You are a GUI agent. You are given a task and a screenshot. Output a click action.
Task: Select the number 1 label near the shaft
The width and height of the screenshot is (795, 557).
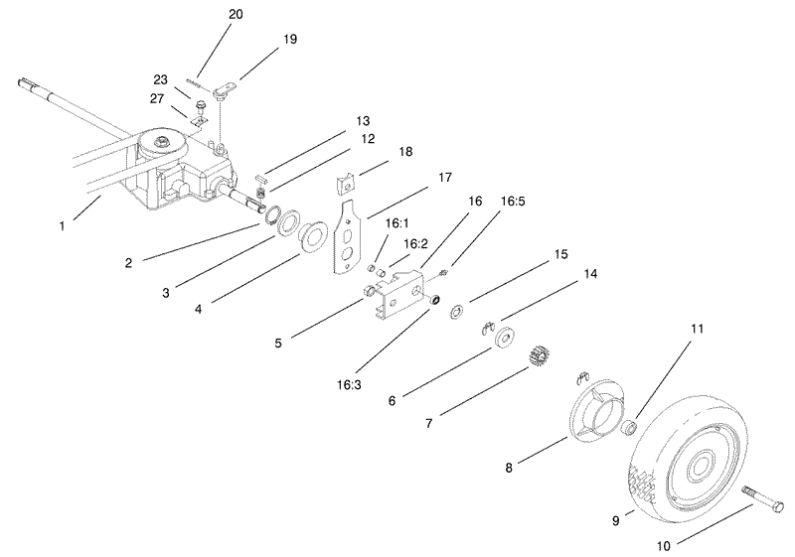tap(62, 226)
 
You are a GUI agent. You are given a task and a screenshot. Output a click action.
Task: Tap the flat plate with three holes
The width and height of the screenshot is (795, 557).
tap(349, 234)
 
